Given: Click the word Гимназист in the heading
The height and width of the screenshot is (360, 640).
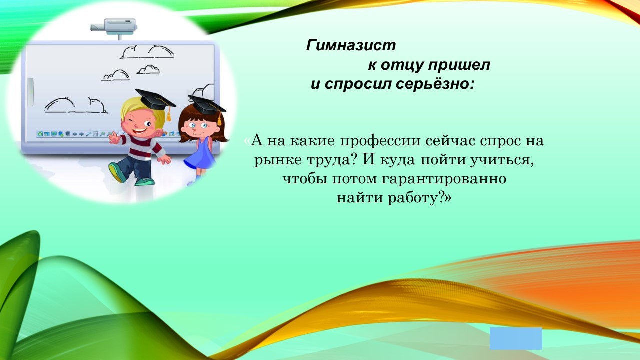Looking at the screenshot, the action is [351, 45].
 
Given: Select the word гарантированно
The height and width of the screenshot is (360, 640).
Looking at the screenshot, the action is [444, 179].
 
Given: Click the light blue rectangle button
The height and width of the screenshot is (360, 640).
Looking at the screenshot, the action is [516, 338].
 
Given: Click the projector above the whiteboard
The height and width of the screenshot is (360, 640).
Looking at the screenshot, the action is [113, 27].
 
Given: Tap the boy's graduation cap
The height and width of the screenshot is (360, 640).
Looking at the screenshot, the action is [155, 100].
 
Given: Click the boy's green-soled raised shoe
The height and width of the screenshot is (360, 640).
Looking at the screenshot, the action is [117, 172].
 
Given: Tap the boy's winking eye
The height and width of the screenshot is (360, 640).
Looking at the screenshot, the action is [131, 121].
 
